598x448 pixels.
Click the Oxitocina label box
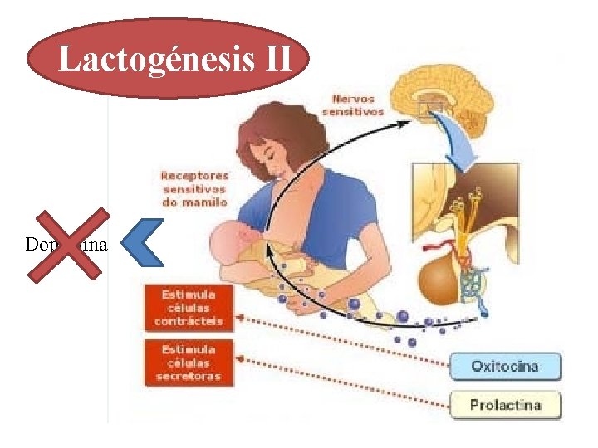(x=505, y=366)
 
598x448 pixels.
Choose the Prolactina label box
(x=505, y=405)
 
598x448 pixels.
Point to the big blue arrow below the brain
(x=462, y=138)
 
